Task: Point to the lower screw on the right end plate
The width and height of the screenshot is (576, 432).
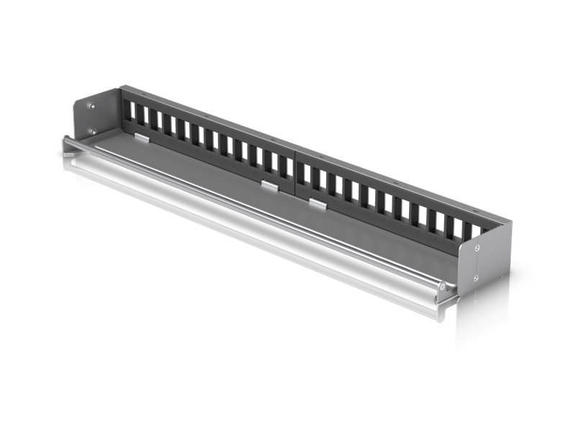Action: point(476,276)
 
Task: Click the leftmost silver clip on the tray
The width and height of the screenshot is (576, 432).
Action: point(143,136)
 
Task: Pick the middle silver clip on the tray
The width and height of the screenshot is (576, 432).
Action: point(269,187)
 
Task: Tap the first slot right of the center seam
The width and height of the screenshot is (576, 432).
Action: point(303,171)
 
